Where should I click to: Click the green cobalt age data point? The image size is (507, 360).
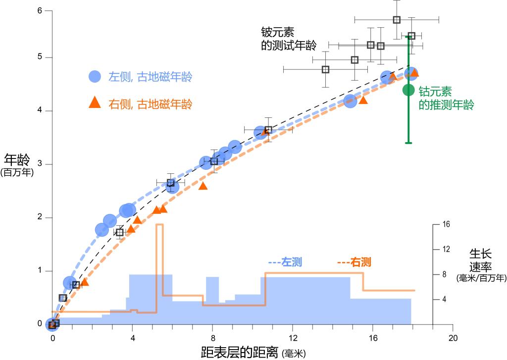(408, 90)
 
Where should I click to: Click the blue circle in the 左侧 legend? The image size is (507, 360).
(95, 77)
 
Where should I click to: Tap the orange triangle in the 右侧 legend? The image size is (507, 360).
(95, 103)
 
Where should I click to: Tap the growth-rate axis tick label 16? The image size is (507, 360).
(446, 224)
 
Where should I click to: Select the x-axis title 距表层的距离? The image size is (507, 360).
(240, 352)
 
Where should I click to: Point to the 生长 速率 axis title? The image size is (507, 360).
(481, 260)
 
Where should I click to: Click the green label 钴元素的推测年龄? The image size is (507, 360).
(446, 98)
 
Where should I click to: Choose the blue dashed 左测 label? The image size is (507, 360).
(285, 262)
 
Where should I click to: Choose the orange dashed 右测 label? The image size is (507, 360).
(355, 262)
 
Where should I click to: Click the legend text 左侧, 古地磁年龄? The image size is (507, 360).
(150, 77)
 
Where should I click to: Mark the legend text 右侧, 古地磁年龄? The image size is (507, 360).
(150, 104)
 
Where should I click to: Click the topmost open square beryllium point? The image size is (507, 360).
(397, 20)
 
